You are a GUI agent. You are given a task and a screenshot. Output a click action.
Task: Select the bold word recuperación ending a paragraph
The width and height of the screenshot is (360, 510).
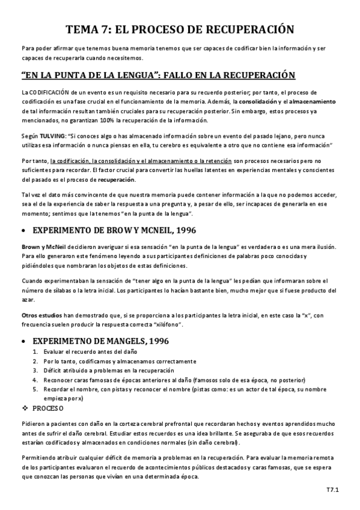click(117, 180)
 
